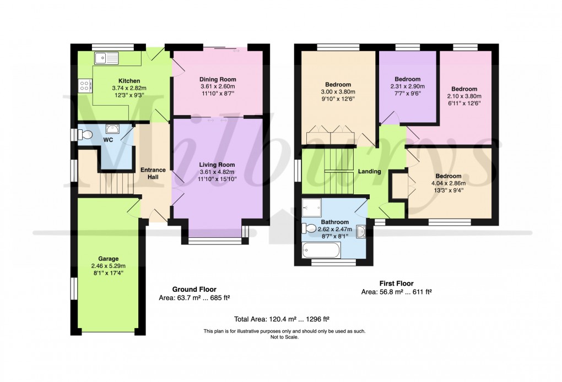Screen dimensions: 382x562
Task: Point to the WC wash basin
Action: point(112,129)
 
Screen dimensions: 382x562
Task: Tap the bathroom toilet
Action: point(310,228)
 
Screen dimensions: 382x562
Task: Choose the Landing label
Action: point(369,172)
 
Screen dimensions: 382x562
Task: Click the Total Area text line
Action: point(282,319)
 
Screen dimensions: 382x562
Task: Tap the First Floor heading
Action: point(396,283)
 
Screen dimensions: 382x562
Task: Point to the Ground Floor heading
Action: point(194,289)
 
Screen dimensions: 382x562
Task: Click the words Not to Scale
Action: point(284,337)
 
